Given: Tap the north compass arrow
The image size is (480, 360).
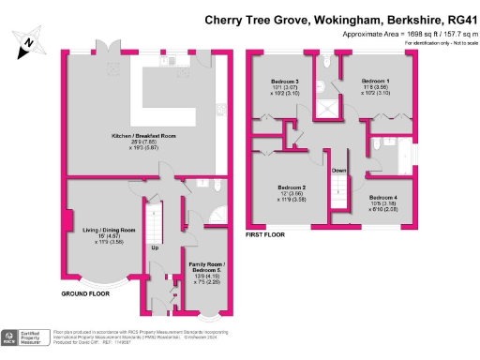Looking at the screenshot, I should click(28, 40).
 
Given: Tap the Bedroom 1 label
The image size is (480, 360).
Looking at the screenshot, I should click(376, 82).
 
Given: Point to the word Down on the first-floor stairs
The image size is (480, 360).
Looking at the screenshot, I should click(338, 171).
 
